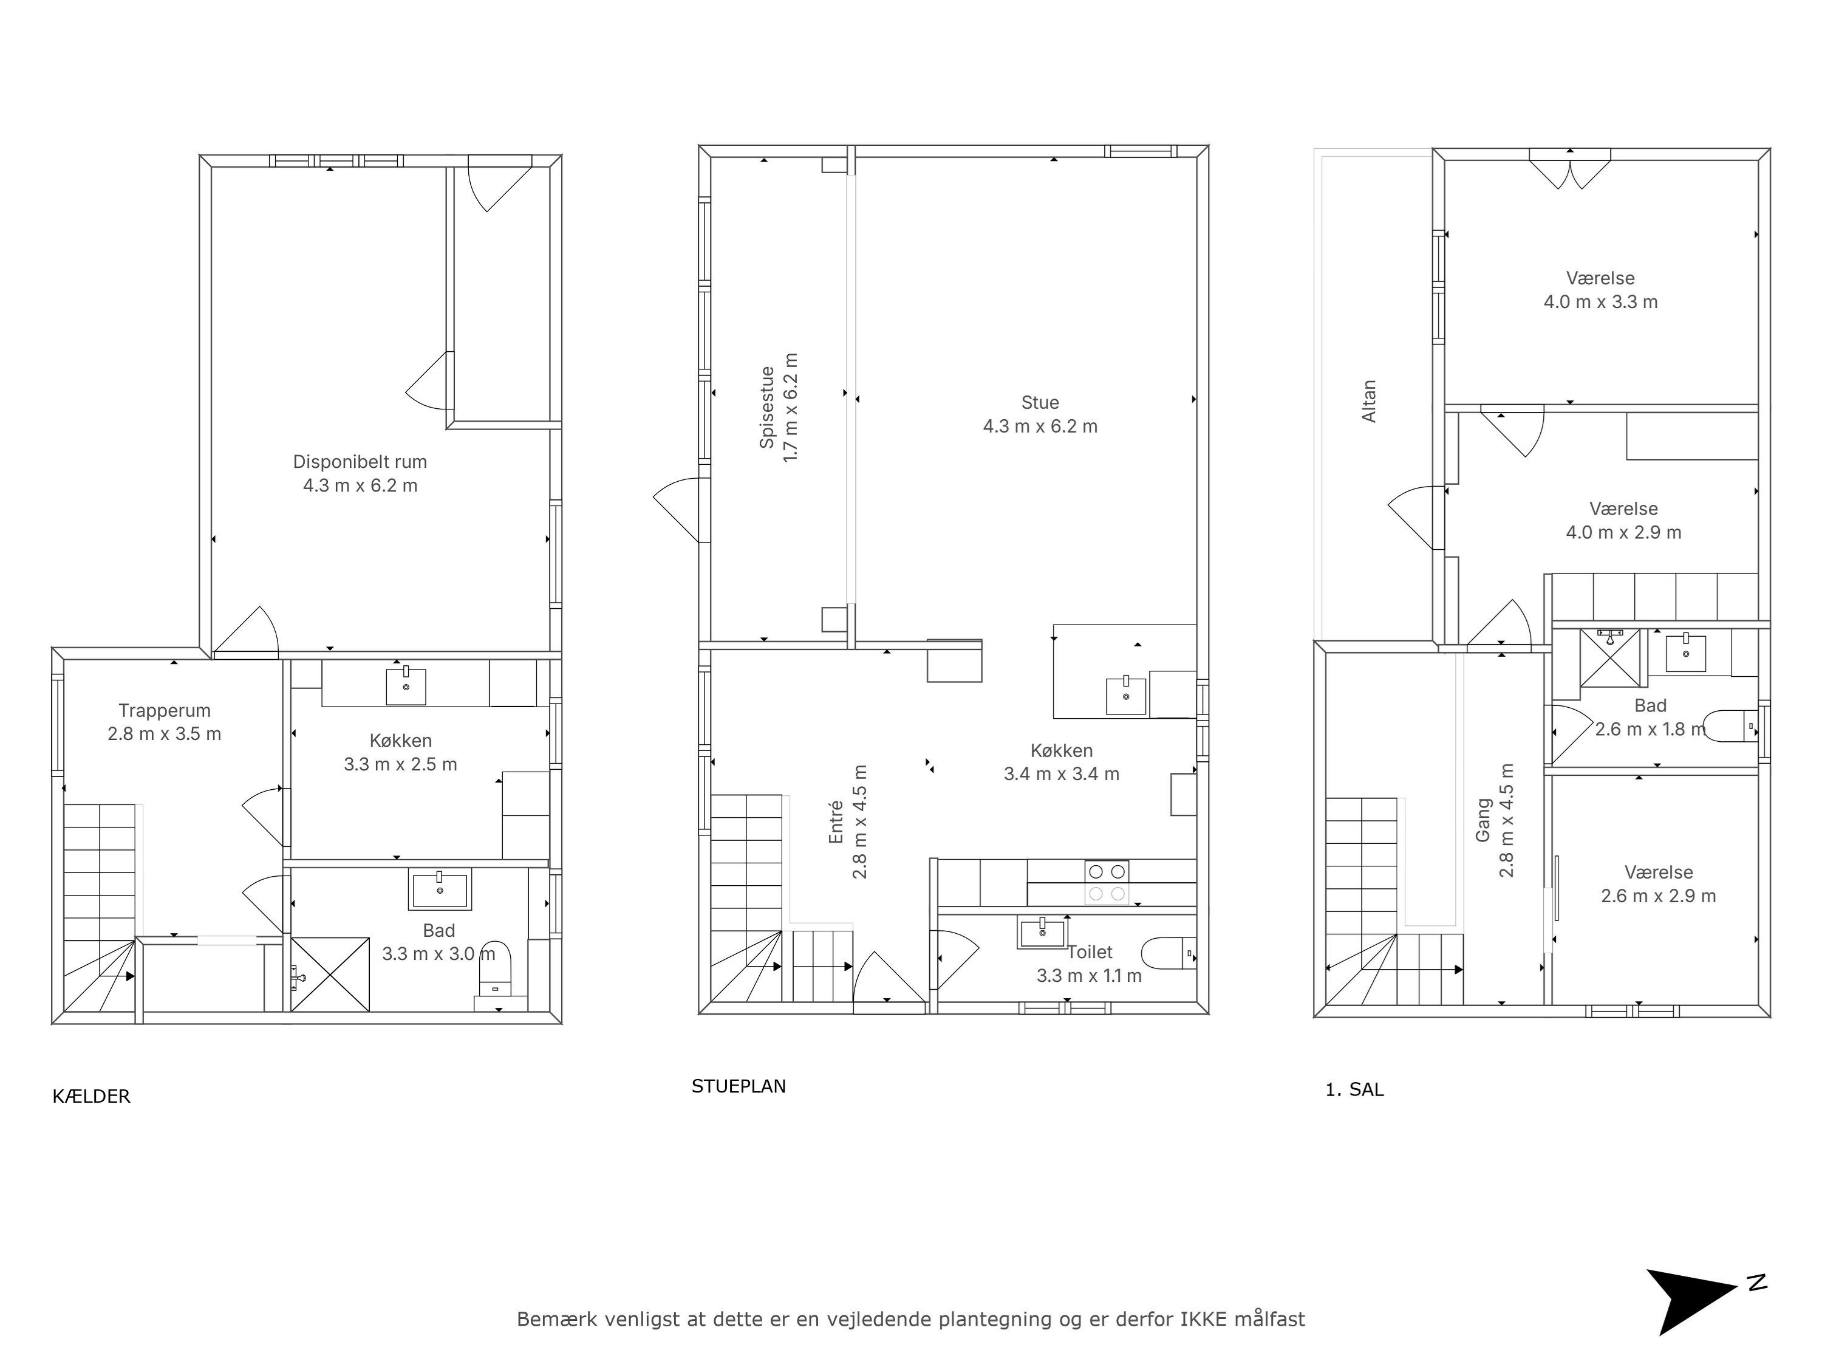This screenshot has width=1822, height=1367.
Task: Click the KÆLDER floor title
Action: (x=92, y=1096)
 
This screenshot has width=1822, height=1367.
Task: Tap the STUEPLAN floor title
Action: (x=739, y=1086)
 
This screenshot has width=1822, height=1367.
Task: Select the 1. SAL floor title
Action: (x=1354, y=1089)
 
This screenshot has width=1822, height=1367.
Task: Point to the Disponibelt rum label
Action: (x=360, y=461)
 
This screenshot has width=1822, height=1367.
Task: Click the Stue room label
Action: (x=1040, y=403)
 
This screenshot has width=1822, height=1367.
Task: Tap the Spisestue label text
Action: (x=767, y=408)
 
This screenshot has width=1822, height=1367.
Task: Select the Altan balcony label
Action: (x=1369, y=401)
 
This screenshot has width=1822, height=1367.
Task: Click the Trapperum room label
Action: (x=165, y=710)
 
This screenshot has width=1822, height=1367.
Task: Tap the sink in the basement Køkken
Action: (x=406, y=685)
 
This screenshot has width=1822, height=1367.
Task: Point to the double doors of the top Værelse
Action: (x=1570, y=170)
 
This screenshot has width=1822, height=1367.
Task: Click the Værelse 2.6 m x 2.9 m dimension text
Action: (x=1658, y=896)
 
